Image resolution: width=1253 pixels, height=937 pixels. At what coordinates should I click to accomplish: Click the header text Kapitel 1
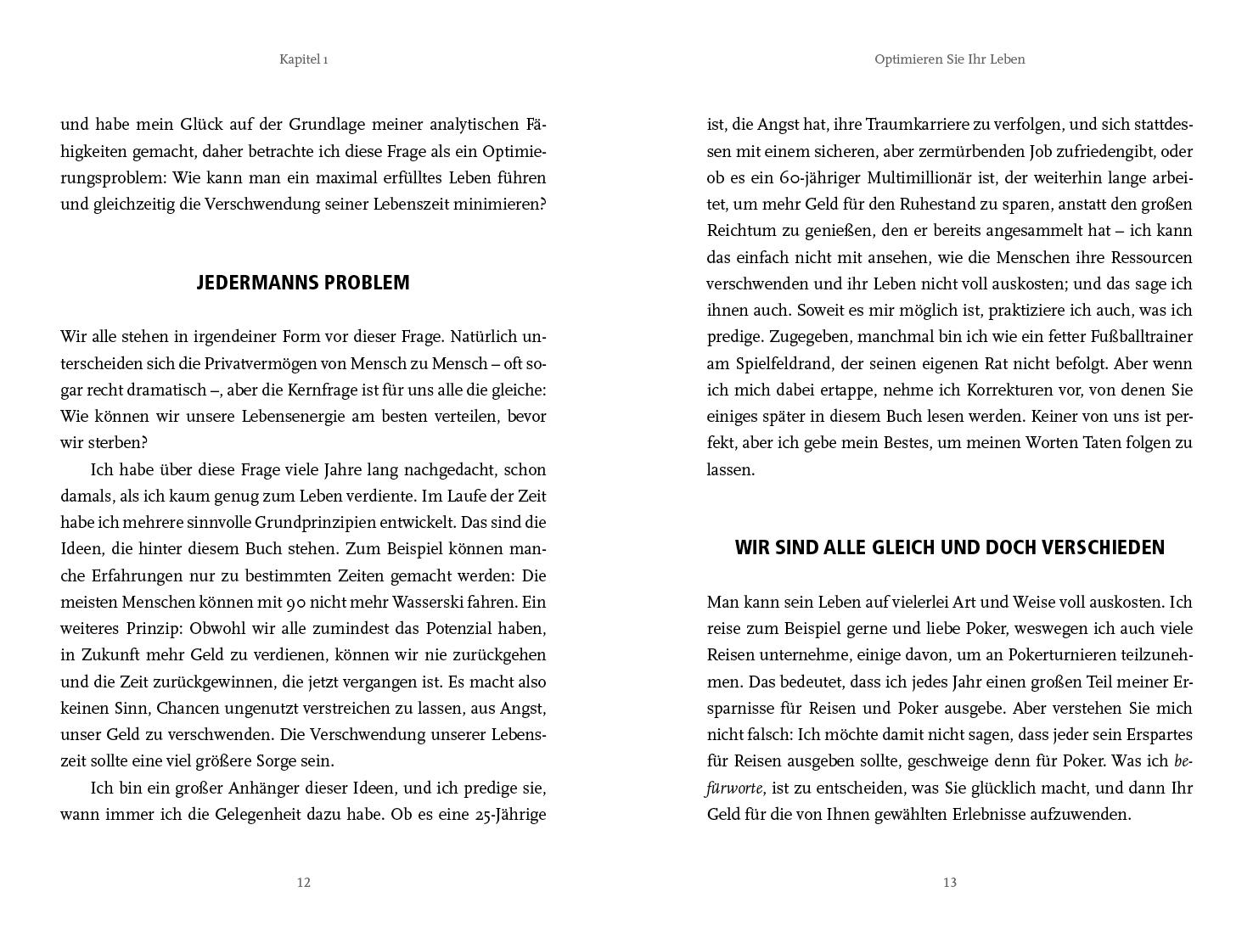304,59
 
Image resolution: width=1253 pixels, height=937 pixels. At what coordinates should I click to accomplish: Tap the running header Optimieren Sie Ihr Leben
949,59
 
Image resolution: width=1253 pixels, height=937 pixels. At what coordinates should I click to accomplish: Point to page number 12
304,883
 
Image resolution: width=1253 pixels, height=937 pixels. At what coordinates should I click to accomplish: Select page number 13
949,883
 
